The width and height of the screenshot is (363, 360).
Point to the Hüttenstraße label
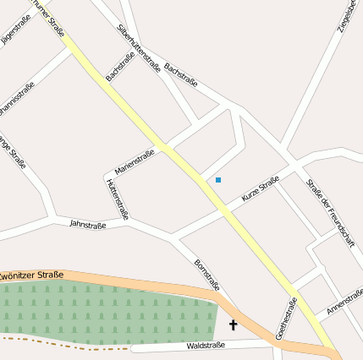click(117, 199)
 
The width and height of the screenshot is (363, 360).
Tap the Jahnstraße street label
click(88, 225)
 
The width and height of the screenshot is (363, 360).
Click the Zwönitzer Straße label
click(32, 275)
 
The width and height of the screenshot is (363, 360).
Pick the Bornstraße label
click(206, 275)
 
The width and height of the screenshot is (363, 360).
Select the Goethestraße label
click(287, 316)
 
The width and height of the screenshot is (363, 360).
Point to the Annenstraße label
click(344, 302)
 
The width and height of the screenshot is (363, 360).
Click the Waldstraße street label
click(205, 346)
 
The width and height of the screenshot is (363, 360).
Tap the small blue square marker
click(218, 180)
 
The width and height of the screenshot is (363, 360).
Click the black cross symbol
click(234, 325)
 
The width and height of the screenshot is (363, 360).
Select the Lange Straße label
click(11, 152)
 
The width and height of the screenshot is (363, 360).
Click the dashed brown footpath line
click(68, 343)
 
